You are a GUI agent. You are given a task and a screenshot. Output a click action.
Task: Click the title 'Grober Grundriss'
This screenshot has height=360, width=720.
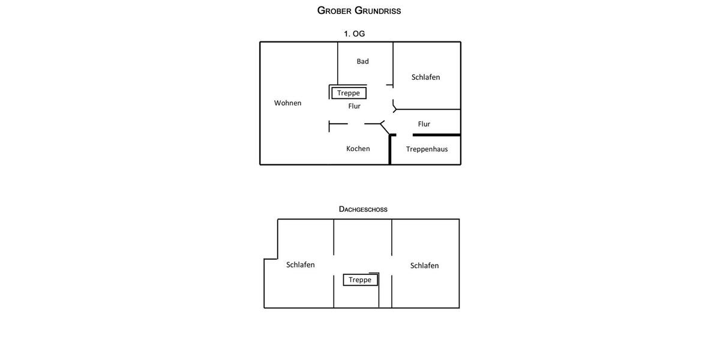(359, 11)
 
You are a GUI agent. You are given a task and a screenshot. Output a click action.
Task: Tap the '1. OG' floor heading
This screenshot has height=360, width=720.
(354, 34)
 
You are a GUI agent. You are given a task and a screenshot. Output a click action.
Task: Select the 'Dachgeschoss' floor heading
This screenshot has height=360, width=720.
(363, 209)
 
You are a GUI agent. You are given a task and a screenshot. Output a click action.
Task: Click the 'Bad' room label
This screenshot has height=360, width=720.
(362, 61)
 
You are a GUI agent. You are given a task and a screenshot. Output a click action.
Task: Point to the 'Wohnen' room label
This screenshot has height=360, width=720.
(287, 103)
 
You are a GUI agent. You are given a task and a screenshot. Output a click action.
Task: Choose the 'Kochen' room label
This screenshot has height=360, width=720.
(358, 149)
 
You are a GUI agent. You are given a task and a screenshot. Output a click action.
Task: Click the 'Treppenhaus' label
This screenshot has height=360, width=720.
(427, 149)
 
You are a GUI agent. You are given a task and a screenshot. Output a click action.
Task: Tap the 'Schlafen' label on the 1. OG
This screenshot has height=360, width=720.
(425, 77)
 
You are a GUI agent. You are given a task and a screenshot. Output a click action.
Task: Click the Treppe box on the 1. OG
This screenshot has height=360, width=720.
(349, 93)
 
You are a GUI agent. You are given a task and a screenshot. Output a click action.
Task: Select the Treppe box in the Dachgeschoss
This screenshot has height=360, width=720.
(361, 280)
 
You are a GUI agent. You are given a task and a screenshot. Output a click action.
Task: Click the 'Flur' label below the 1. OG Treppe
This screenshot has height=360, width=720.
(354, 106)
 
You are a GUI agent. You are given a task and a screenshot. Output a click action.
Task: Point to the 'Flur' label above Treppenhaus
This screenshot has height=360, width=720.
(424, 124)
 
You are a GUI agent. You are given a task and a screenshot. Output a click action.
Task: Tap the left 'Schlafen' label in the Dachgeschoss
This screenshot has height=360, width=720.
(301, 265)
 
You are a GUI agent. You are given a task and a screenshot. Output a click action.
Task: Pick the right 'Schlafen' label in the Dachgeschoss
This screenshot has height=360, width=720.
(424, 266)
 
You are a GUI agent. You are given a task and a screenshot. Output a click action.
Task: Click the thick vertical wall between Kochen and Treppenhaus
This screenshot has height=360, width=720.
(390, 150)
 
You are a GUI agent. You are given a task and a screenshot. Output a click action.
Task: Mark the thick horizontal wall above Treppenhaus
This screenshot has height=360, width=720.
(437, 135)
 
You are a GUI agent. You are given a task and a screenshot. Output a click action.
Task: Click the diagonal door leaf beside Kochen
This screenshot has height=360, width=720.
(385, 128)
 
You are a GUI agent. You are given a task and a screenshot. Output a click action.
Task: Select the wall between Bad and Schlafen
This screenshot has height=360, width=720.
(393, 65)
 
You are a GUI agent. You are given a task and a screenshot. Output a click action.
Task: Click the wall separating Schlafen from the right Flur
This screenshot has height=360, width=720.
(428, 109)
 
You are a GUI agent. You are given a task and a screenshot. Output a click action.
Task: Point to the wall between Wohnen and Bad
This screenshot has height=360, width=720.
(338, 64)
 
